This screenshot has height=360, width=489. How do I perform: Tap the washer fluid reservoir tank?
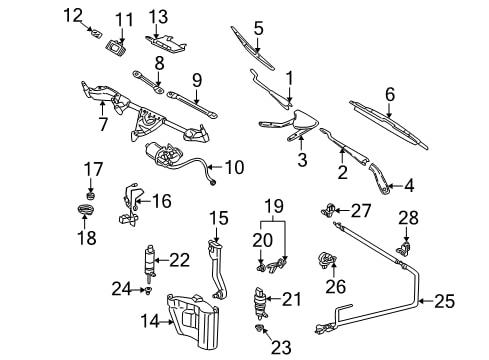pyautogui.click(x=193, y=320)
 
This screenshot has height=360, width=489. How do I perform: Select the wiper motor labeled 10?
pyautogui.click(x=164, y=154)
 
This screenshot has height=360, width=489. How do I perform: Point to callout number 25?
pyautogui.click(x=444, y=301)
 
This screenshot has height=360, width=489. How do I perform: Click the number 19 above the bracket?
pyautogui.click(x=274, y=206)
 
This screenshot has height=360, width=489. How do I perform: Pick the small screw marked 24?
pyautogui.click(x=148, y=292)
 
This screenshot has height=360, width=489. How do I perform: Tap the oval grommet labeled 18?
pyautogui.click(x=86, y=210)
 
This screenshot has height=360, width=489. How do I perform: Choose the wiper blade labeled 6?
pyautogui.click(x=389, y=124)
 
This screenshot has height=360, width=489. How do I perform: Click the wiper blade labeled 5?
pyautogui.click(x=253, y=49)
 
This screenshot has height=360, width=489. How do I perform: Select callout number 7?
pyautogui.click(x=103, y=124)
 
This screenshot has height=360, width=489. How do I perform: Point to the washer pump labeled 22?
pyautogui.click(x=150, y=263)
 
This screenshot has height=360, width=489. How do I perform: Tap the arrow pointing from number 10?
pyautogui.click(x=216, y=167)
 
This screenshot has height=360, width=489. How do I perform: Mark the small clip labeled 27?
pyautogui.click(x=329, y=210)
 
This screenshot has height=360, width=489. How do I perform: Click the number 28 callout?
pyautogui.click(x=408, y=218)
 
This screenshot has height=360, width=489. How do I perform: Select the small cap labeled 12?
pyautogui.click(x=97, y=33)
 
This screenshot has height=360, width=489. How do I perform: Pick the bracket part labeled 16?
pyautogui.click(x=130, y=205)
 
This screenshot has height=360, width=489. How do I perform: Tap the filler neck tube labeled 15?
pyautogui.click(x=217, y=269)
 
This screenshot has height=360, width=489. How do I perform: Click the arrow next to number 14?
pyautogui.click(x=166, y=322)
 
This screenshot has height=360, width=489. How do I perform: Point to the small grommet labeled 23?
pyautogui.click(x=259, y=328)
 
